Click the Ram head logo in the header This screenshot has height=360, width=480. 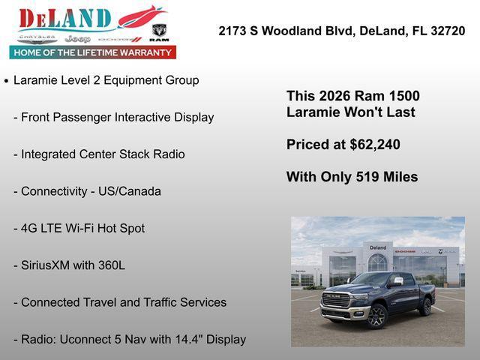click(x=159, y=32)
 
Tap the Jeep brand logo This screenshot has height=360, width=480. click(x=77, y=38)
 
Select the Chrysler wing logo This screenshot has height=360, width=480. click(x=37, y=37)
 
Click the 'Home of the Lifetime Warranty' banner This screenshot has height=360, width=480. click(x=93, y=52)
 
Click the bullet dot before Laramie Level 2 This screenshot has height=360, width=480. click(x=7, y=80)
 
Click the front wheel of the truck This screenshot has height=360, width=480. click(x=376, y=316)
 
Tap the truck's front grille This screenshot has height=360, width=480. click(x=335, y=301)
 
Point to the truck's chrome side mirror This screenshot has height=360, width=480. click(x=397, y=282)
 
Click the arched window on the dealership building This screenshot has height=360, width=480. click(x=378, y=262)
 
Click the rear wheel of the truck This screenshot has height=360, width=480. click(x=426, y=307)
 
